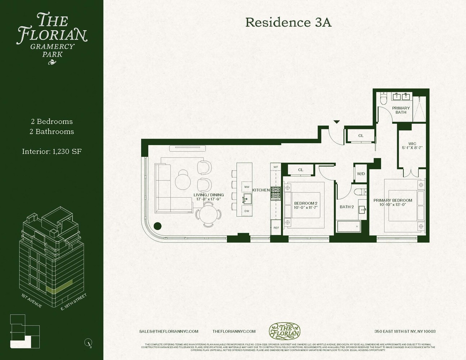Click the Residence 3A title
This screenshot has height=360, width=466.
[288, 22]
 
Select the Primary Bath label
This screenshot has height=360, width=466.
[401, 110]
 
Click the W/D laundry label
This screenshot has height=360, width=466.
[360, 174]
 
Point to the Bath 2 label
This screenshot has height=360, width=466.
[347, 207]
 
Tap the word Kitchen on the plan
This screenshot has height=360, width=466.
[261, 190]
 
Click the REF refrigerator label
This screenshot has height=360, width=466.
[276, 228]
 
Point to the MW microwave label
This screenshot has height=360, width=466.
[247, 187]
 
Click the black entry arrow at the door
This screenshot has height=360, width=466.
[336, 122]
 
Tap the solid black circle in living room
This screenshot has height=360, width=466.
[157, 226]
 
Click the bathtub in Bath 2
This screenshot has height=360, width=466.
[348, 226]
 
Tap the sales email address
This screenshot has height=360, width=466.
[169, 331]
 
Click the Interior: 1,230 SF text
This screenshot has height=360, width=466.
[52, 152]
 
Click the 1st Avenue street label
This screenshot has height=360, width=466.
[32, 301]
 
